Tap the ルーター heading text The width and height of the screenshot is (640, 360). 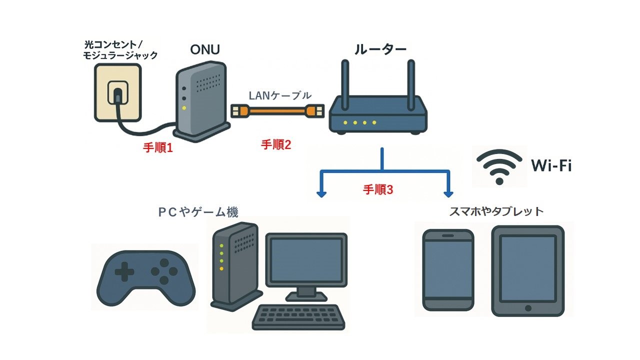tap(380, 49)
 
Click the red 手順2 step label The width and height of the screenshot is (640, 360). tap(276, 145)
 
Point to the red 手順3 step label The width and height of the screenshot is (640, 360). tap(378, 190)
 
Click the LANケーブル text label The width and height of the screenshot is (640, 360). tap(280, 95)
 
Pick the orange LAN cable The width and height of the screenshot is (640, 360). tap(278, 110)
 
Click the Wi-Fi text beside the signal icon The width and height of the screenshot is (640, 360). tap(551, 166)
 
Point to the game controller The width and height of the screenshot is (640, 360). tap(144, 278)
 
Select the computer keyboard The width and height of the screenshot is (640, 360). tap(297, 317)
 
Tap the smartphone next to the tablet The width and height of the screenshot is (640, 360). tap(448, 270)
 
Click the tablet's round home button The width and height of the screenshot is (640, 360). tap(527, 307)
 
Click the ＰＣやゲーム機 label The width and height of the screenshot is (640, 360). tap(198, 212)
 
